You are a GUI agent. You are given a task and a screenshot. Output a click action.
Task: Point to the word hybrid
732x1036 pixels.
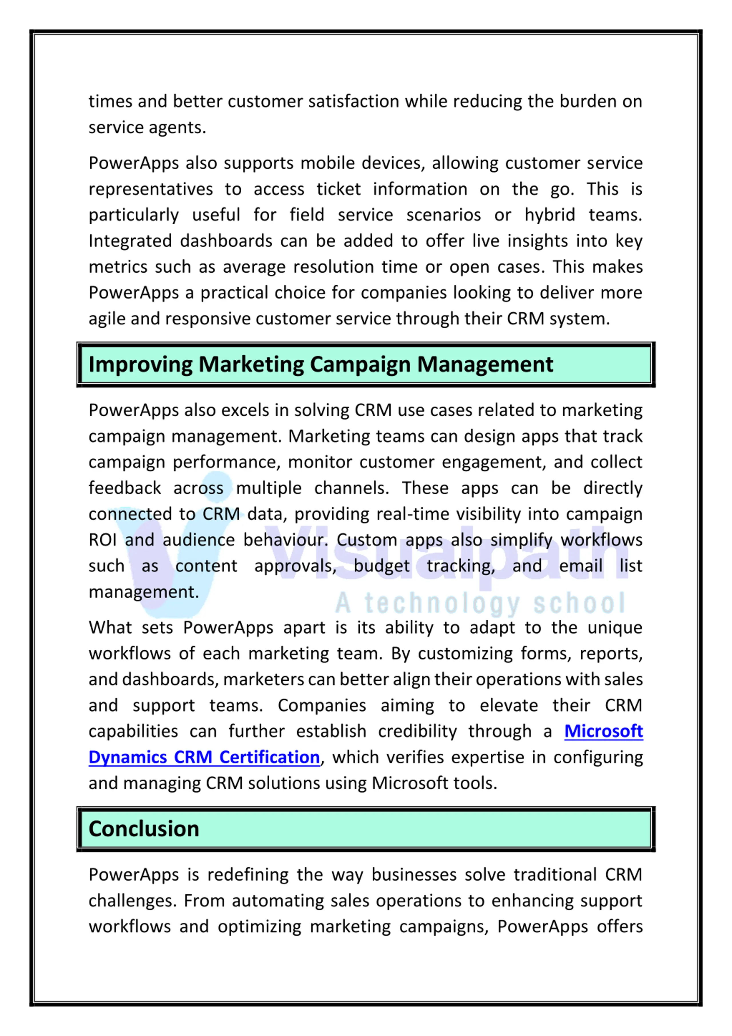coord(549,215)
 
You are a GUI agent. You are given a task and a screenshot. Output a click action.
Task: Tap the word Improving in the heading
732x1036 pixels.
coord(140,365)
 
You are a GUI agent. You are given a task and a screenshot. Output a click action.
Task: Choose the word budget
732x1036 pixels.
coord(381,566)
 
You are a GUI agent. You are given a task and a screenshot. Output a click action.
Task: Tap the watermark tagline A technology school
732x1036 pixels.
coord(480,604)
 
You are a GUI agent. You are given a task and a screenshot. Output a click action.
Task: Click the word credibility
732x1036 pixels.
coord(417,731)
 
